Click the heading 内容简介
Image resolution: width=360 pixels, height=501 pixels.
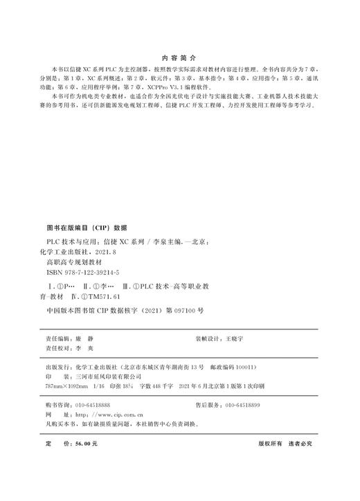179,59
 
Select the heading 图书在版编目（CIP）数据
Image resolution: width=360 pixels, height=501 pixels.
87,227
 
